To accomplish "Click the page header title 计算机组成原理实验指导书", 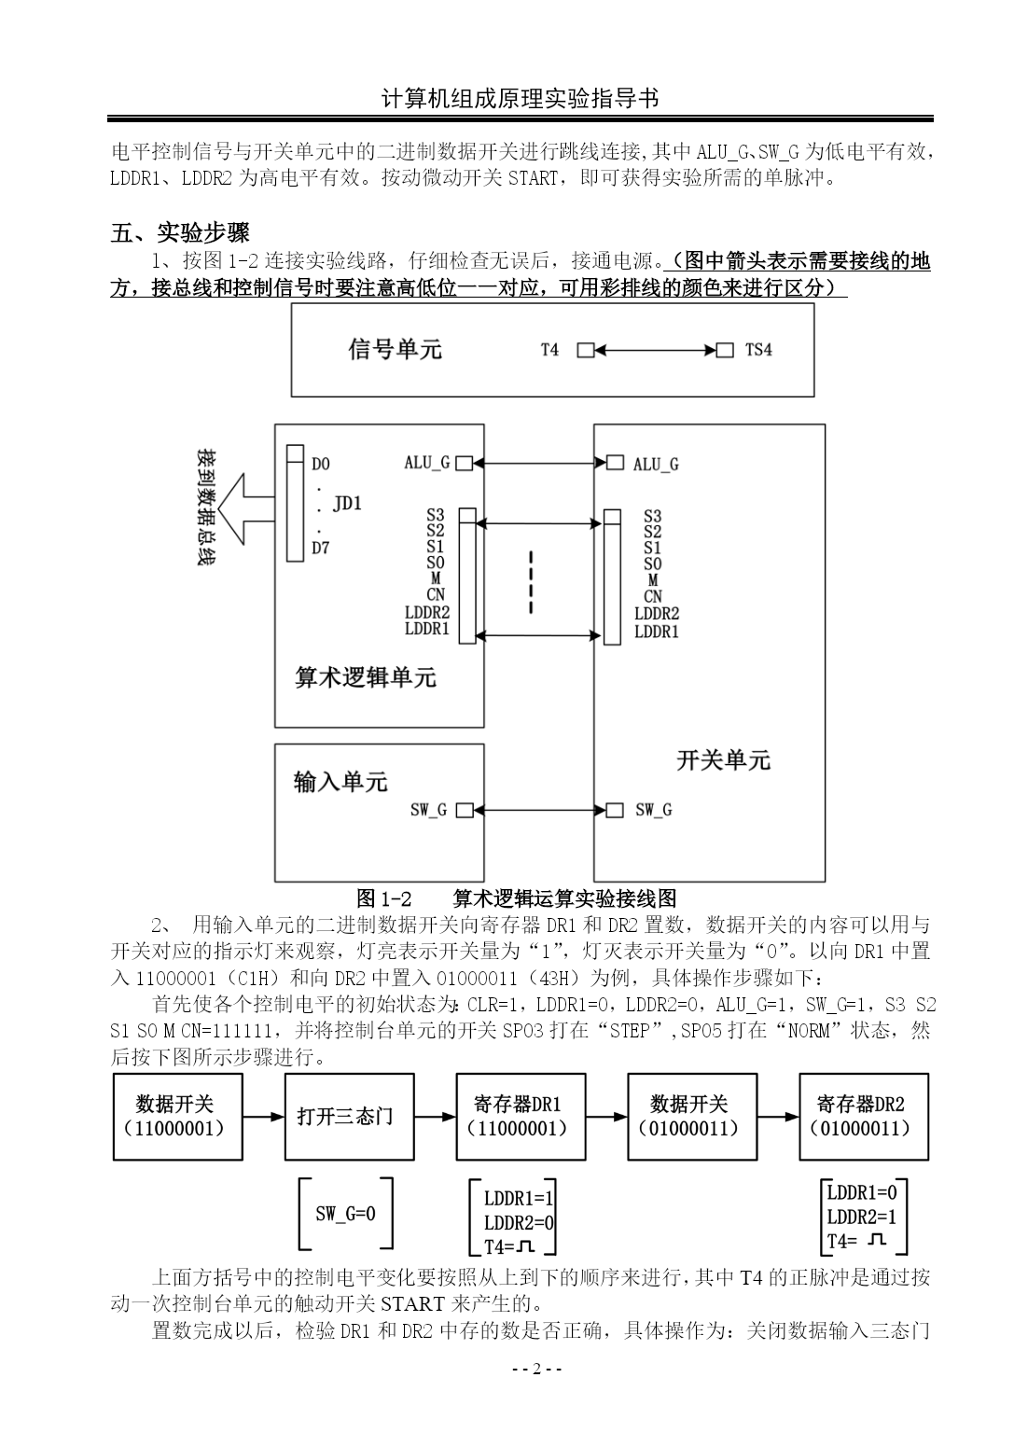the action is [x=520, y=99].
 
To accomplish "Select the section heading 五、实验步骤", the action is [x=180, y=232].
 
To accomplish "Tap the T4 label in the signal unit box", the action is [x=549, y=350].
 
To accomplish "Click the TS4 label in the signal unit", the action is [x=758, y=350].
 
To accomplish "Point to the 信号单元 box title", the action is [x=395, y=349].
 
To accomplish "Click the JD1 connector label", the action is [x=347, y=504].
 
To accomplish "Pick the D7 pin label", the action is [x=321, y=548].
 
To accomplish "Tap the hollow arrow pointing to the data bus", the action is [x=246, y=509].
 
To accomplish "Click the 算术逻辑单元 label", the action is [x=366, y=676].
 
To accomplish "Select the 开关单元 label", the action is [x=724, y=760].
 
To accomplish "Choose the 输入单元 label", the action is [x=340, y=782].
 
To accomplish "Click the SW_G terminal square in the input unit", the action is [x=465, y=811].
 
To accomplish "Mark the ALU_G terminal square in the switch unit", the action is [x=615, y=463].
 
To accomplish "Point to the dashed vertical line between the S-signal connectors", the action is [x=531, y=581].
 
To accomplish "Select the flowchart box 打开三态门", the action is [x=349, y=1117].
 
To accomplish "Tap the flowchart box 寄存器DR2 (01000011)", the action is [x=864, y=1117].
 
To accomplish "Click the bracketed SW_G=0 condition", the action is [x=345, y=1214].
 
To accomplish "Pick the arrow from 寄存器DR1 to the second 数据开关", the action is [x=606, y=1117].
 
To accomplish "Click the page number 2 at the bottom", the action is [x=536, y=1369].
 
